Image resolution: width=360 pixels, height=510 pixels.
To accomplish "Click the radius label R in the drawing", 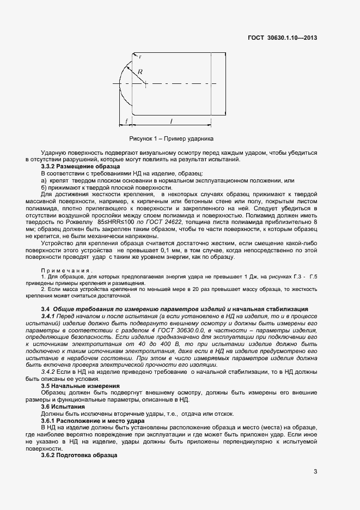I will [x=140, y=72].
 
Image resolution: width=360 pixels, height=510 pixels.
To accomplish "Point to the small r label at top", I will [x=141, y=57].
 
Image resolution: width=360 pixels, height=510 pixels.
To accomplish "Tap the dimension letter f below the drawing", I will [x=126, y=121].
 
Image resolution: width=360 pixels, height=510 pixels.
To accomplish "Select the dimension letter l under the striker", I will [x=172, y=121].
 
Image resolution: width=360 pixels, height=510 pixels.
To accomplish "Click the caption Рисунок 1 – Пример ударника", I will [x=171, y=138].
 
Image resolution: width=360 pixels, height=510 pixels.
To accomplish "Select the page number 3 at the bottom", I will [x=315, y=471].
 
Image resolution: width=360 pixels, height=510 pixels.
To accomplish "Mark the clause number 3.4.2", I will [x=50, y=371].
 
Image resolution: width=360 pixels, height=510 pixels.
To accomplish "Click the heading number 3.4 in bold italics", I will [x=46, y=308].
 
